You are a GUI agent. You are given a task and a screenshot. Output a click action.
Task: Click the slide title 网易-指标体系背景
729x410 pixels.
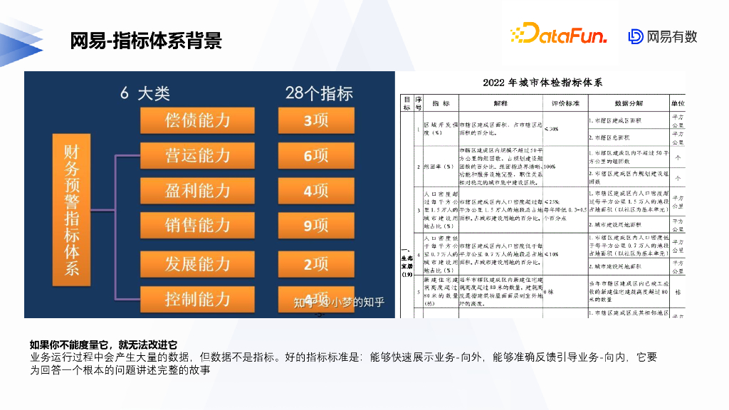pyautogui.click(x=146, y=40)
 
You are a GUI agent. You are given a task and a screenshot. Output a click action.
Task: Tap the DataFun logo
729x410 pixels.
pyautogui.click(x=558, y=33)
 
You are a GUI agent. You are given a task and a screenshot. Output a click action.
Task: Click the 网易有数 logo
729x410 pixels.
pyautogui.click(x=662, y=36)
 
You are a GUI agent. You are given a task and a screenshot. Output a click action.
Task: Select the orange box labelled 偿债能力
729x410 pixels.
pyautogui.click(x=197, y=120)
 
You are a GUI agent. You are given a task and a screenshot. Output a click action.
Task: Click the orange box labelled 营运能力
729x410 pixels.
pyautogui.click(x=197, y=155)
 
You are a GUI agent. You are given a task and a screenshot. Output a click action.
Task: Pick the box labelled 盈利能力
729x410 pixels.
pyautogui.click(x=197, y=191)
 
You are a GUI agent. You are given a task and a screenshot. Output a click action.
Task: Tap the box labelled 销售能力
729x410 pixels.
pyautogui.click(x=197, y=226)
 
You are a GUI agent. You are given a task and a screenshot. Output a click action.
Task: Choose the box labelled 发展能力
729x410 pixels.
pyautogui.click(x=197, y=264)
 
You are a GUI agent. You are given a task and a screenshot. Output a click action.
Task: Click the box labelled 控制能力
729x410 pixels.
pyautogui.click(x=197, y=298)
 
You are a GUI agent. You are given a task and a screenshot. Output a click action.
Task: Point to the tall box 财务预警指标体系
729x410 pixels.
pyautogui.click(x=73, y=209)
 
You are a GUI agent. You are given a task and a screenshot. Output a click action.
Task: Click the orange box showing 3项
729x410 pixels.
pyautogui.click(x=315, y=120)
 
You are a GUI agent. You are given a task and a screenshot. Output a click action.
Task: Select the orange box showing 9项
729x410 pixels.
pyautogui.click(x=315, y=226)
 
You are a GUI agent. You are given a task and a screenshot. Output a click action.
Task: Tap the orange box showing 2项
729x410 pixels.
pyautogui.click(x=315, y=264)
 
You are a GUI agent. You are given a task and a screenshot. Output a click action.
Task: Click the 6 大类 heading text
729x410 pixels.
pyautogui.click(x=145, y=93)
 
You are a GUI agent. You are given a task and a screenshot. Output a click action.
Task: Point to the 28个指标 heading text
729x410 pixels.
pyautogui.click(x=318, y=93)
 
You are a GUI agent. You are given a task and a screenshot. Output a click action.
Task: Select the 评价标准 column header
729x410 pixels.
pyautogui.click(x=564, y=103)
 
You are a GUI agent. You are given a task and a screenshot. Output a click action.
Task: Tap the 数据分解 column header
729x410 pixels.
pyautogui.click(x=628, y=103)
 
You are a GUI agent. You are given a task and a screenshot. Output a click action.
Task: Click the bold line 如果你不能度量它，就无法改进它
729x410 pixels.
pyautogui.click(x=103, y=345)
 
